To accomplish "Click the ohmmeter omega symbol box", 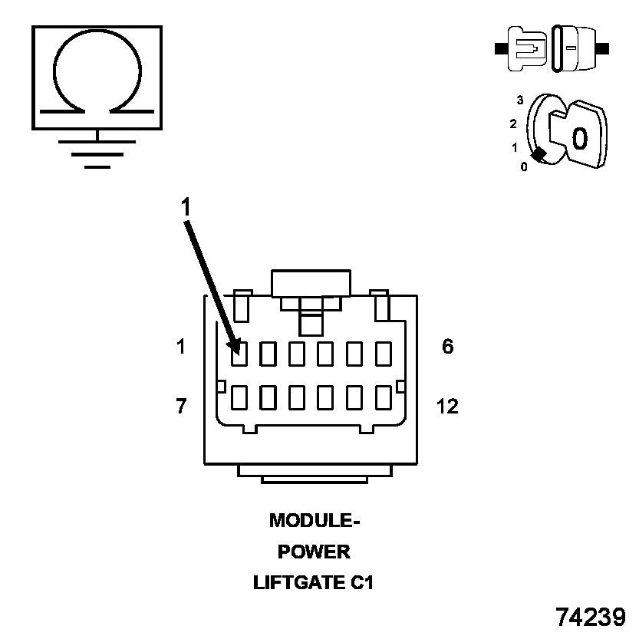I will pyautogui.click(x=97, y=77).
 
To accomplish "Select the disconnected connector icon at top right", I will pyautogui.click(x=552, y=48).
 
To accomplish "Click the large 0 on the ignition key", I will pyautogui.click(x=580, y=138).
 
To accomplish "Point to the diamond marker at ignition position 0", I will pyautogui.click(x=539, y=154).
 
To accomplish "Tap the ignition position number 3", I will pyautogui.click(x=520, y=100).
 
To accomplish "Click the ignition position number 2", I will pyautogui.click(x=513, y=124).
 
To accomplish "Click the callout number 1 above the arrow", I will pyautogui.click(x=185, y=206).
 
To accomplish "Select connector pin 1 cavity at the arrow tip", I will pyautogui.click(x=239, y=354).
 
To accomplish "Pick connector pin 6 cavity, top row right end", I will pyautogui.click(x=384, y=354).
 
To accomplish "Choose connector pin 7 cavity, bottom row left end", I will pyautogui.click(x=239, y=398).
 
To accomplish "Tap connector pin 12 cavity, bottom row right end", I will pyautogui.click(x=384, y=398).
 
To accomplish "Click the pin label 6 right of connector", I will pyautogui.click(x=447, y=347).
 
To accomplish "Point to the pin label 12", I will pyautogui.click(x=446, y=406).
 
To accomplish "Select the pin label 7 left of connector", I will pyautogui.click(x=181, y=406).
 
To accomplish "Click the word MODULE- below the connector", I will pyautogui.click(x=315, y=521).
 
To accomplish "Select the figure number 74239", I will pyautogui.click(x=591, y=618).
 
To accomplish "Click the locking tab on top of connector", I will pyautogui.click(x=311, y=283).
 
